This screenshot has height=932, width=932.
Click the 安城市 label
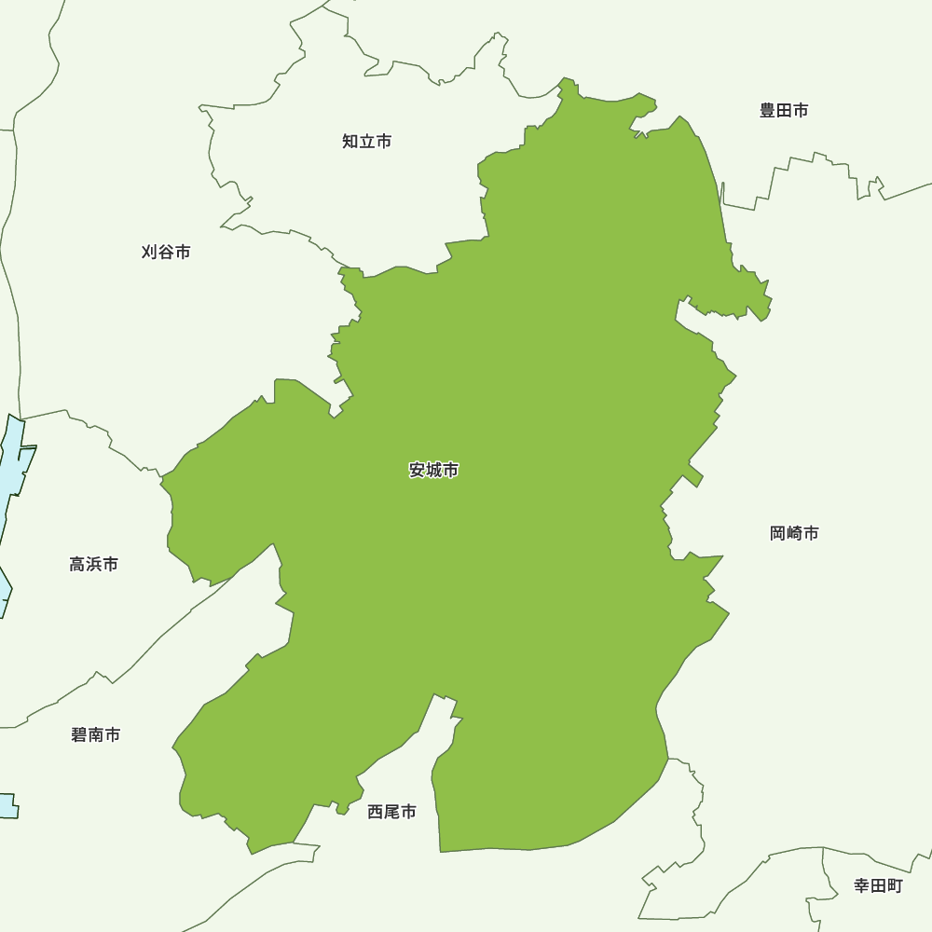(433, 471)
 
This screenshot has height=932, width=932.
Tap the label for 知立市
(366, 142)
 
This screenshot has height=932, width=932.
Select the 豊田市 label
(783, 111)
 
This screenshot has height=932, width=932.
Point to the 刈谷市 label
(166, 253)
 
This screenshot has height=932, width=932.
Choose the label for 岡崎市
(794, 533)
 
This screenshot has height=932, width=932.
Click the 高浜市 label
(93, 565)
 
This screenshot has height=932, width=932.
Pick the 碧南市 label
(95, 735)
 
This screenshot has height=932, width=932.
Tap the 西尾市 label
(391, 812)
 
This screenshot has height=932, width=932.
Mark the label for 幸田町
(878, 885)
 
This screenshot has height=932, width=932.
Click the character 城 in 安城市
(434, 471)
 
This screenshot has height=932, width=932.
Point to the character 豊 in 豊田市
(767, 111)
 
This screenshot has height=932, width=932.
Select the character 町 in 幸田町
(895, 885)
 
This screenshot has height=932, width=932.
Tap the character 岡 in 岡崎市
(778, 533)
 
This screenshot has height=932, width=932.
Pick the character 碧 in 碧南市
(79, 735)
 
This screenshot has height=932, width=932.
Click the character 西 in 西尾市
(376, 812)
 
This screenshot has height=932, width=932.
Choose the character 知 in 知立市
(350, 142)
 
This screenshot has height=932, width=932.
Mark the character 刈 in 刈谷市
(150, 253)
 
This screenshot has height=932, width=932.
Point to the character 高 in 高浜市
(77, 565)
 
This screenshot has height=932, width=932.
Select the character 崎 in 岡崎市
(795, 533)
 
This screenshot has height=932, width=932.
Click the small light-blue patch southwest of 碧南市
(8, 805)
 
